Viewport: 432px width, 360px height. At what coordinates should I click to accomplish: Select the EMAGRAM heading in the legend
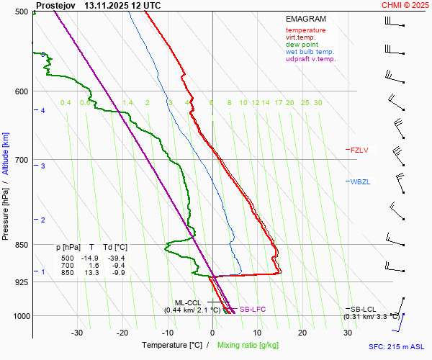click(305, 19)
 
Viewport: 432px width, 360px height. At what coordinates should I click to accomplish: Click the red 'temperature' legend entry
click(305, 30)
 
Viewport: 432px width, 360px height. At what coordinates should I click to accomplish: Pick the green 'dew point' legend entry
click(302, 45)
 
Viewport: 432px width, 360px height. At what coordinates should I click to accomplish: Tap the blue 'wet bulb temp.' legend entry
click(310, 52)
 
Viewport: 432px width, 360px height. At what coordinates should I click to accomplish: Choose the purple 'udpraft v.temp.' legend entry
click(311, 59)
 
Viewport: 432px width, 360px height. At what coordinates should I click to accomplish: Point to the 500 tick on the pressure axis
click(21, 12)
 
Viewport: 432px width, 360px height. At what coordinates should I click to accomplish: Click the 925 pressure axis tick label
click(21, 282)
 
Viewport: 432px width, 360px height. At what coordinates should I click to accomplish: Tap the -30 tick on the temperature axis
click(77, 333)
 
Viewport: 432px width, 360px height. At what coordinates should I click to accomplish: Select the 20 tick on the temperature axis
click(302, 333)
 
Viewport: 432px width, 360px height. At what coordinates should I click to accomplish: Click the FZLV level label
click(359, 150)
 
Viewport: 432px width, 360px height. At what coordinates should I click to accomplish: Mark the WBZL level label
click(360, 181)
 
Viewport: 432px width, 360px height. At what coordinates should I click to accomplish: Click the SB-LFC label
click(253, 309)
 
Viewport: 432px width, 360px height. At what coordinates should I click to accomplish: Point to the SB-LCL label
click(363, 309)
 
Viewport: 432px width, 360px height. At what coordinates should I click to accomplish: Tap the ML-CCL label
click(189, 303)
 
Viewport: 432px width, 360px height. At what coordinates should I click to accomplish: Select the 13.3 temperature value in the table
click(91, 273)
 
